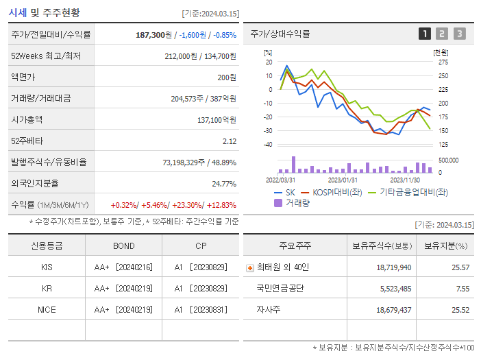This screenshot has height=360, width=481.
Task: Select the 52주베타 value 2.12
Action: (229, 141)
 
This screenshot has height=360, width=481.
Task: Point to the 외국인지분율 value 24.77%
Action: (224, 184)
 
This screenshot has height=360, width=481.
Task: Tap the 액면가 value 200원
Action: (227, 77)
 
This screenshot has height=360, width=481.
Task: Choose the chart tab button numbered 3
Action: (459, 34)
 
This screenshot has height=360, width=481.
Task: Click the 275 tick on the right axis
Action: (443, 62)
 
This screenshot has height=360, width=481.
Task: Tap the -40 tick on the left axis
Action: (268, 145)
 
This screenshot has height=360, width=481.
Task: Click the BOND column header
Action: (124, 245)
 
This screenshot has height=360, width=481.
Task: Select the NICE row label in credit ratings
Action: (47, 310)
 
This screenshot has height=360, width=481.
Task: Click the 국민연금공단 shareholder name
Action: (280, 289)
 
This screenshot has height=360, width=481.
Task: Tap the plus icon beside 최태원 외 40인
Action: (250, 267)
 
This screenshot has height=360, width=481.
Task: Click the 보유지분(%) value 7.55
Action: (463, 289)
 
